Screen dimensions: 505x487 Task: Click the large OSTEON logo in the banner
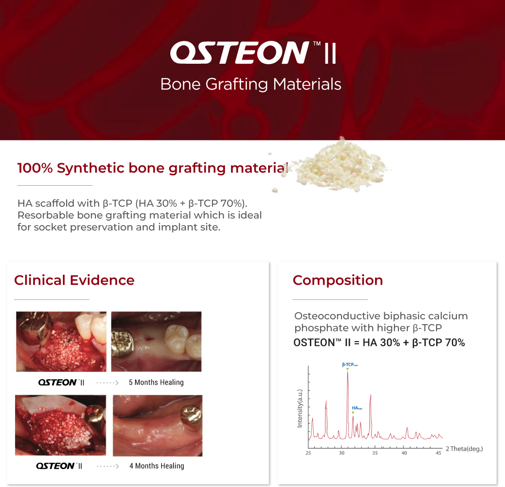(253, 52)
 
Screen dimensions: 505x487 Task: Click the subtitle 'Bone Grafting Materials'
(251, 84)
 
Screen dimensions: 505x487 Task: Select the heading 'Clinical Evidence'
(74, 280)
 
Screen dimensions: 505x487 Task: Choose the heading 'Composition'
(338, 280)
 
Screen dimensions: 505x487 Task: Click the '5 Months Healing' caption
(156, 382)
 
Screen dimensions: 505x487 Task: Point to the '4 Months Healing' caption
(157, 466)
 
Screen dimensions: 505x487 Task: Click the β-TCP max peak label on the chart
(350, 365)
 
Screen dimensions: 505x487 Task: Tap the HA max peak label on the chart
(357, 408)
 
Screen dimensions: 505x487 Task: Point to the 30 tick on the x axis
(342, 453)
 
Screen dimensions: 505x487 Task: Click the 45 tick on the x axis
(438, 453)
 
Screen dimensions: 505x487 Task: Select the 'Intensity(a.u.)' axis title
(300, 409)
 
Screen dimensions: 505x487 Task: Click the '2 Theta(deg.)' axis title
(465, 449)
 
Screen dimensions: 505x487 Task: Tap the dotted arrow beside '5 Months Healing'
(107, 382)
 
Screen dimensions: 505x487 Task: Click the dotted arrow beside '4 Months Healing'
(107, 466)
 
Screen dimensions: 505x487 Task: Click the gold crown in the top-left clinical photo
(34, 326)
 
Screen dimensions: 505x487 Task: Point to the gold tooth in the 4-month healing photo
(191, 417)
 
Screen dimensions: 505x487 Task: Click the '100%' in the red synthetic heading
(35, 168)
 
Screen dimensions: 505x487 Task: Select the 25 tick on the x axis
(308, 453)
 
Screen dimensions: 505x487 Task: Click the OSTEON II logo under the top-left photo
(61, 382)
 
